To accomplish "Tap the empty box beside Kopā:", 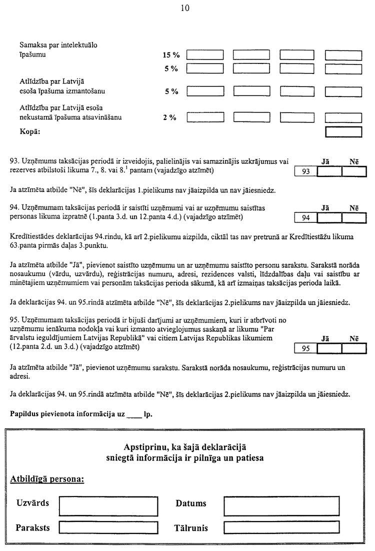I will tap(343, 131).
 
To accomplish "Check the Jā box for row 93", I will tap(329, 171).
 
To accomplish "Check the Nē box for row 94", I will tap(354, 217).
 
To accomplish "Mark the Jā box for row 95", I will tap(329, 348).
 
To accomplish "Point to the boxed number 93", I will tap(306, 171).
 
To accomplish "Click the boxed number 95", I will tap(306, 348).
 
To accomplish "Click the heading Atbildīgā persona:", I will tap(47, 479).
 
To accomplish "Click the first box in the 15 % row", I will tap(204, 55).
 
